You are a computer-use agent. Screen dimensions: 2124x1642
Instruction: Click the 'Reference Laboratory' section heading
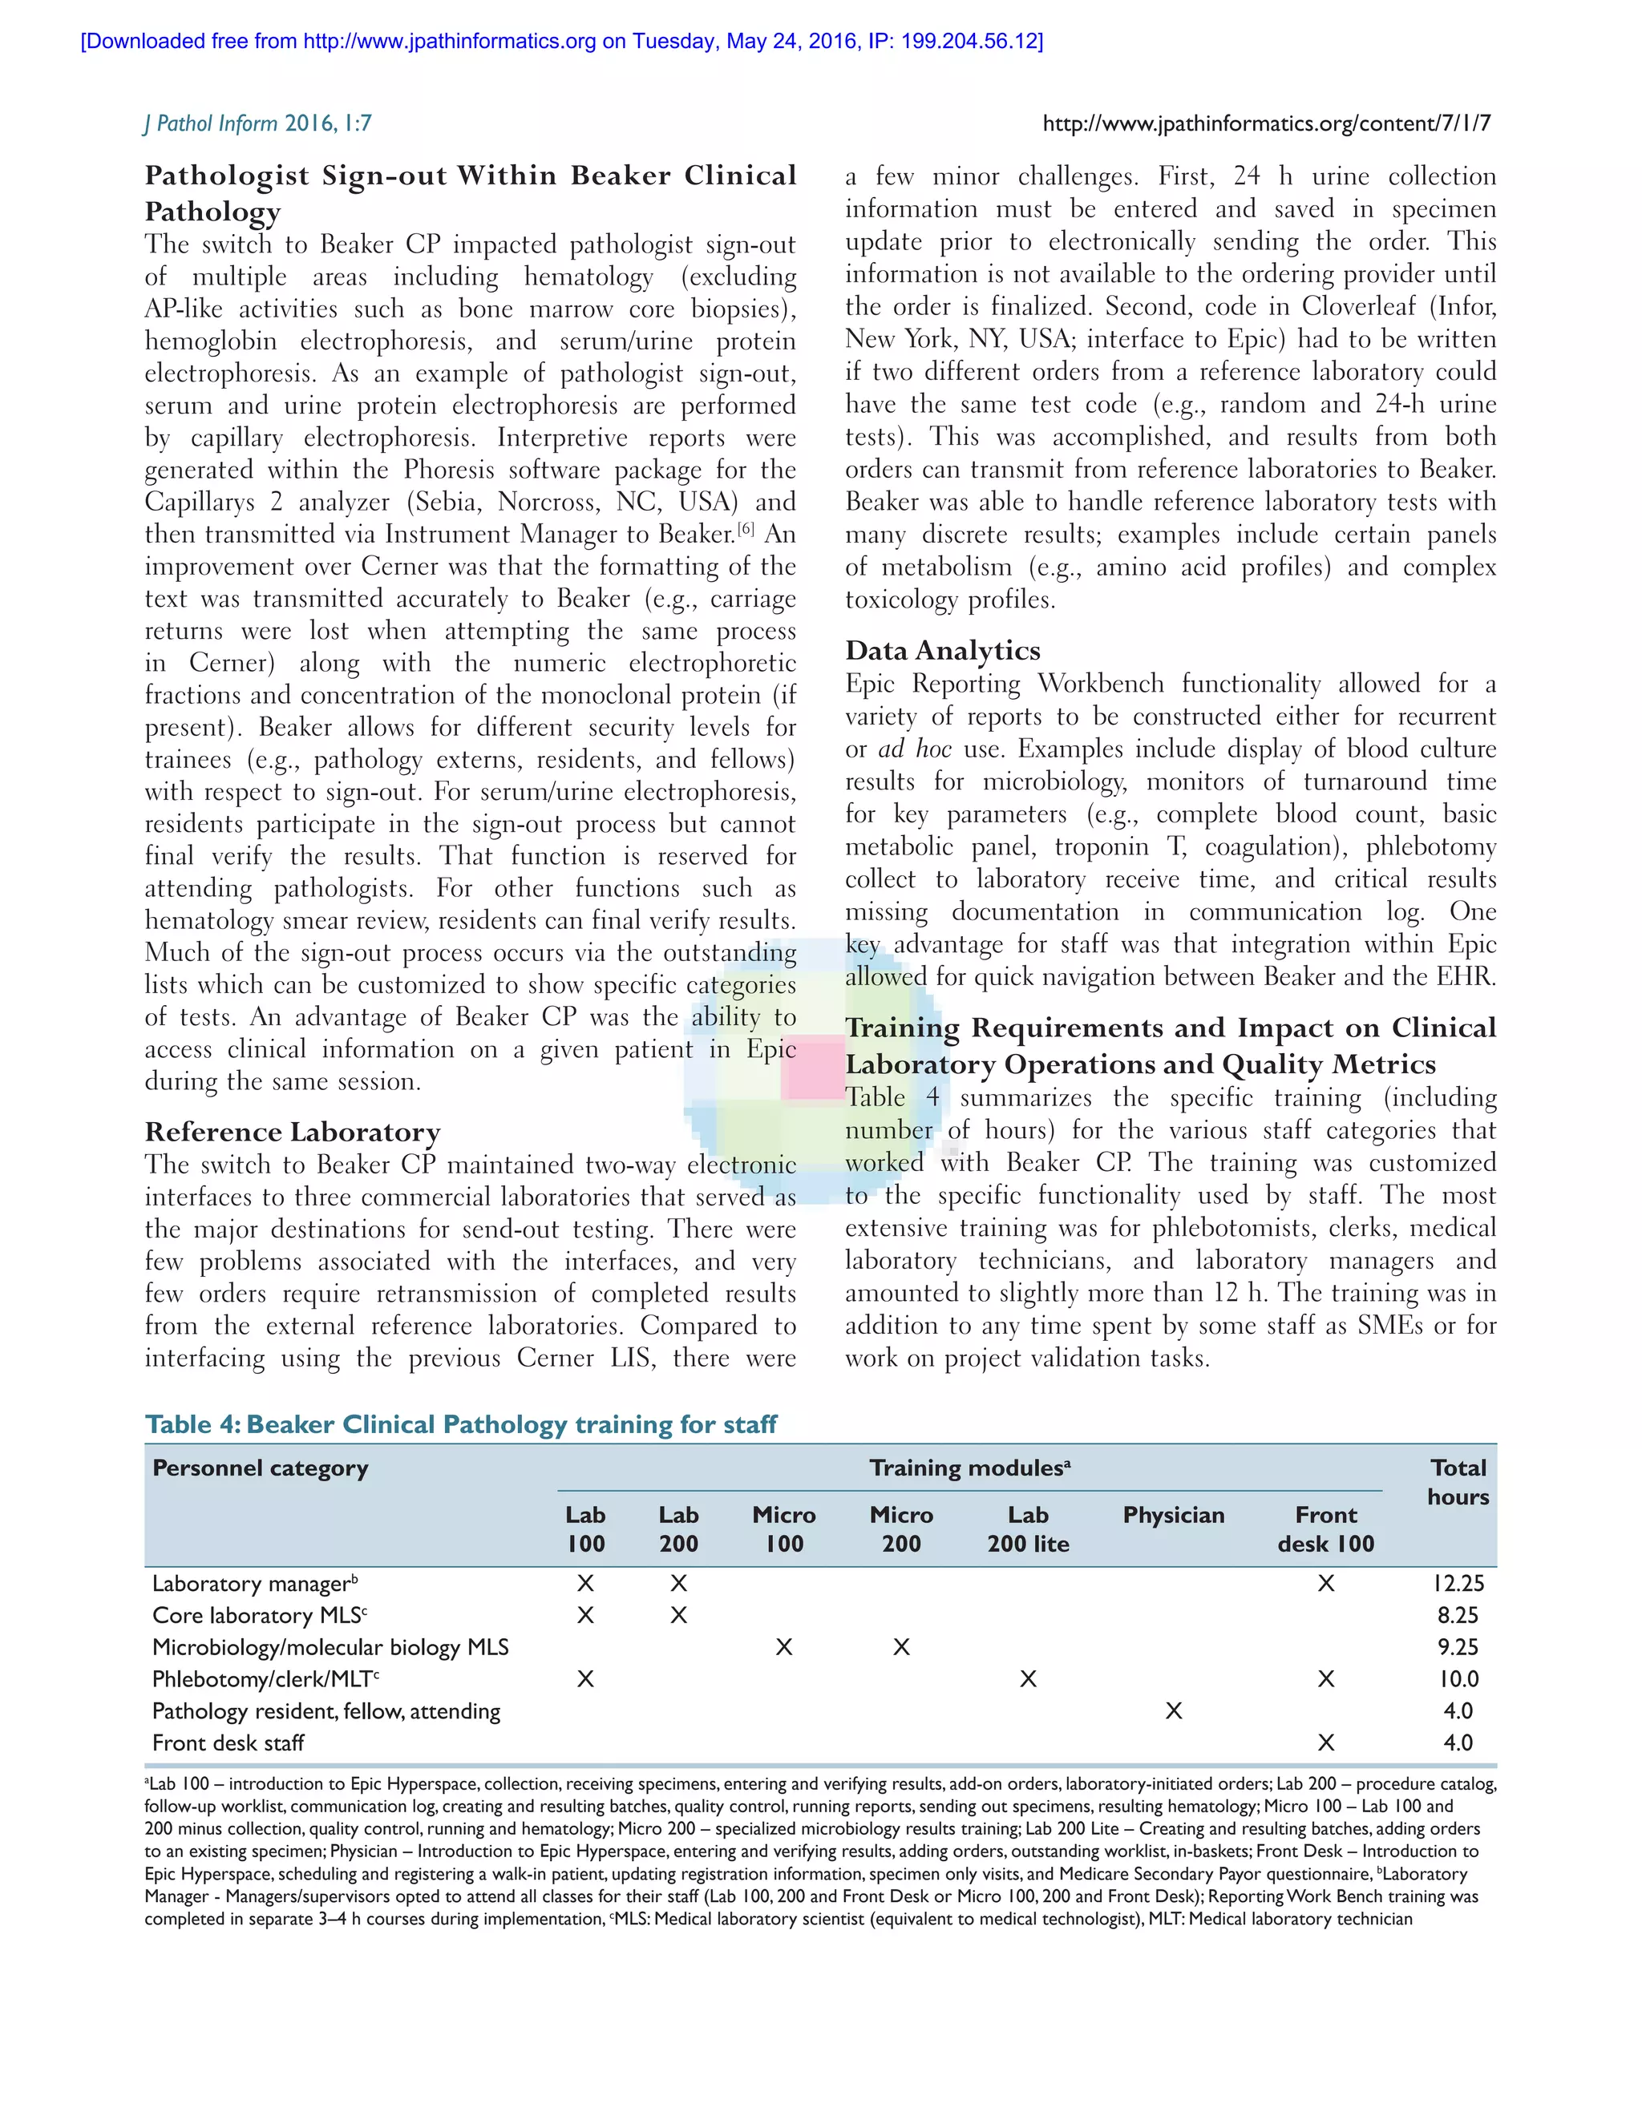coord(293,1132)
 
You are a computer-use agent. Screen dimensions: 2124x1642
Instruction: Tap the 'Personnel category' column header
coord(260,1468)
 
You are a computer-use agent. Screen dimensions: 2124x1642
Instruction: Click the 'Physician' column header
coord(1173,1514)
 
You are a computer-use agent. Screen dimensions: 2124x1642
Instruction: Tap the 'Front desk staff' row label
coord(228,1742)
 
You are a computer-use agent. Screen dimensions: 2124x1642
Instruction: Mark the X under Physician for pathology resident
coord(1173,1710)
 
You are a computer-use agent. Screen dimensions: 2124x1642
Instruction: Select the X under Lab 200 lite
coord(1027,1678)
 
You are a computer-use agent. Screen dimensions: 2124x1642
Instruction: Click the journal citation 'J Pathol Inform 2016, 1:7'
coord(258,123)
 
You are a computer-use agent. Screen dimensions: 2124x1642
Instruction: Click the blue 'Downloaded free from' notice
coord(561,41)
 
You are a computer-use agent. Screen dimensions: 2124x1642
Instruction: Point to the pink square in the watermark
coord(813,1067)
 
